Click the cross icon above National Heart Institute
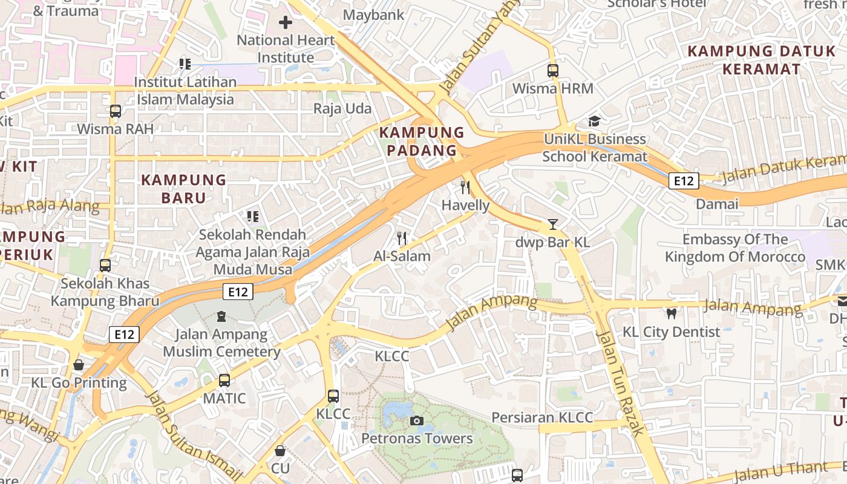[x=285, y=23]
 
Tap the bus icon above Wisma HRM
[x=552, y=70]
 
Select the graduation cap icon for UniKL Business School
[x=594, y=121]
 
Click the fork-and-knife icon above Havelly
[x=465, y=188]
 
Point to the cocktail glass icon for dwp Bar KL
[x=552, y=224]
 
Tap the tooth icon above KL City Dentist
[x=671, y=313]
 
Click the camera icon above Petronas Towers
[x=416, y=420]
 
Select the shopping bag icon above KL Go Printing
[x=79, y=365]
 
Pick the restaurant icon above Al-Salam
[x=401, y=238]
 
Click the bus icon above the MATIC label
[x=224, y=380]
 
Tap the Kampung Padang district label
[x=421, y=142]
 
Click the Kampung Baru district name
[x=183, y=189]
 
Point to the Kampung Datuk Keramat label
[x=762, y=60]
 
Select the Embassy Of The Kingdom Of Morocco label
[x=735, y=248]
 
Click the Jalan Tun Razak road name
[x=620, y=382]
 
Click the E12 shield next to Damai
[x=684, y=180]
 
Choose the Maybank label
[x=373, y=15]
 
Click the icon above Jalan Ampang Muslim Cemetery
[x=221, y=316]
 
